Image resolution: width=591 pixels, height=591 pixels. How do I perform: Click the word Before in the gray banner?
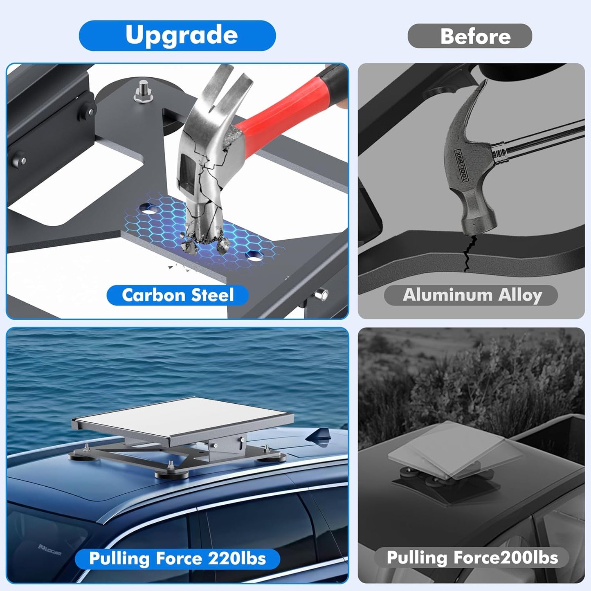pyautogui.click(x=476, y=36)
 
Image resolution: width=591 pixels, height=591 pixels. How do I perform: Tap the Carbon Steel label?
pyautogui.click(x=178, y=295)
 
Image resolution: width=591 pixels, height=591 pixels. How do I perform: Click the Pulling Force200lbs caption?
pyautogui.click(x=472, y=557)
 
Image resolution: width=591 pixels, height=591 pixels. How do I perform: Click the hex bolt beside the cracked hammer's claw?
pyautogui.click(x=143, y=91)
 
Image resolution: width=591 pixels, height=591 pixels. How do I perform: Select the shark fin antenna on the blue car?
pyautogui.click(x=319, y=436)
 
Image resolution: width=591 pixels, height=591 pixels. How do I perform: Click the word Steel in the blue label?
pyautogui.click(x=213, y=295)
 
